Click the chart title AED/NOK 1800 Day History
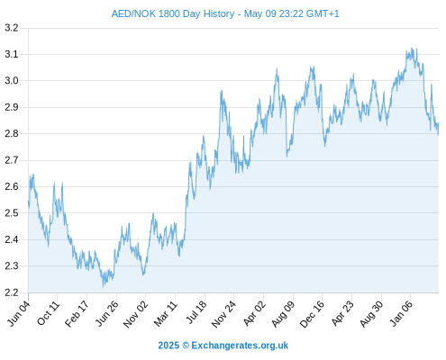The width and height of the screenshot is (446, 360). point(173,13)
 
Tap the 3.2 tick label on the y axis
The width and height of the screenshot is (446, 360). point(12,28)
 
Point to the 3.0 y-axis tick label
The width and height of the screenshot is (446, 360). point(12,81)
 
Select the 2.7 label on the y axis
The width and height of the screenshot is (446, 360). point(12,160)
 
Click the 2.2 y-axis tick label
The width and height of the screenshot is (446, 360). point(12,292)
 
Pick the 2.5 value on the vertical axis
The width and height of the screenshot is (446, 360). point(12,213)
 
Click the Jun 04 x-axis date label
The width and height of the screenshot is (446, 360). point(19,313)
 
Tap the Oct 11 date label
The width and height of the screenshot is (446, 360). point(49,313)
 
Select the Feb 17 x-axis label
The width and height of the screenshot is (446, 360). point(77,313)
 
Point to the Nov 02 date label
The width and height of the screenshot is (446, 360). point(136,314)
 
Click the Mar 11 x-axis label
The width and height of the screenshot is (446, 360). point(166,313)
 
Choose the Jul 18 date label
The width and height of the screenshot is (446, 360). point(196,312)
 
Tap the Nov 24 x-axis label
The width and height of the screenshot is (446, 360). point(224,314)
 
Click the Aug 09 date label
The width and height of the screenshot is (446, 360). point(283,313)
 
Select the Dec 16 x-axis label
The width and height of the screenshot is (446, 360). point(313,314)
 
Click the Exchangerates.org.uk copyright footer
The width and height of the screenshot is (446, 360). point(223,346)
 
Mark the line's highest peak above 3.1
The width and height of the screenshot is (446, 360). point(412,48)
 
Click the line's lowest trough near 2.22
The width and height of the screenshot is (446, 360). point(103,287)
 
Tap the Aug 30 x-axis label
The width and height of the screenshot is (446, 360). point(372,314)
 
